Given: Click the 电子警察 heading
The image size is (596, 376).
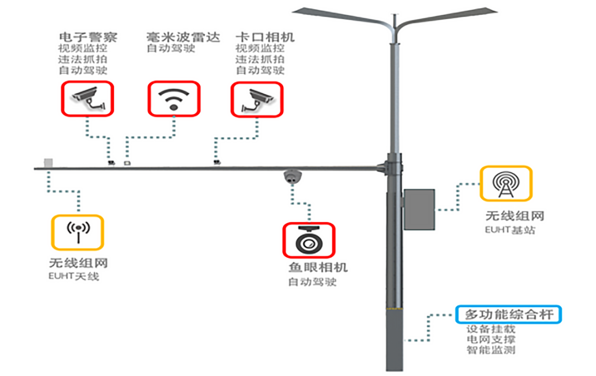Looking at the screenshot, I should click(x=88, y=37).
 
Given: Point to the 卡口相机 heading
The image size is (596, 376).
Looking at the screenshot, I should click(x=265, y=37).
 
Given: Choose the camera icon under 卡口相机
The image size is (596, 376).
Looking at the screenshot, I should click(x=257, y=99).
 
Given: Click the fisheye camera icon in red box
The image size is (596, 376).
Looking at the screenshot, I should click(x=308, y=240).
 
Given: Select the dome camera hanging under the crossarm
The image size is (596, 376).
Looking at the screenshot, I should click(x=292, y=177).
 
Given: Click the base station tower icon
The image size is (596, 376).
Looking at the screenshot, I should click(x=505, y=183).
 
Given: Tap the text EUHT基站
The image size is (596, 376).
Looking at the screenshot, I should click(x=510, y=229).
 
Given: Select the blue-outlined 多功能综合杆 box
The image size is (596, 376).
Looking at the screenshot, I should click(x=509, y=315).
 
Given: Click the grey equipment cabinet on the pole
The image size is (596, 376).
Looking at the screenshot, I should click(x=419, y=209).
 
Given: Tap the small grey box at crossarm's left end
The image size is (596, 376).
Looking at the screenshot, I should click(x=49, y=163).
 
